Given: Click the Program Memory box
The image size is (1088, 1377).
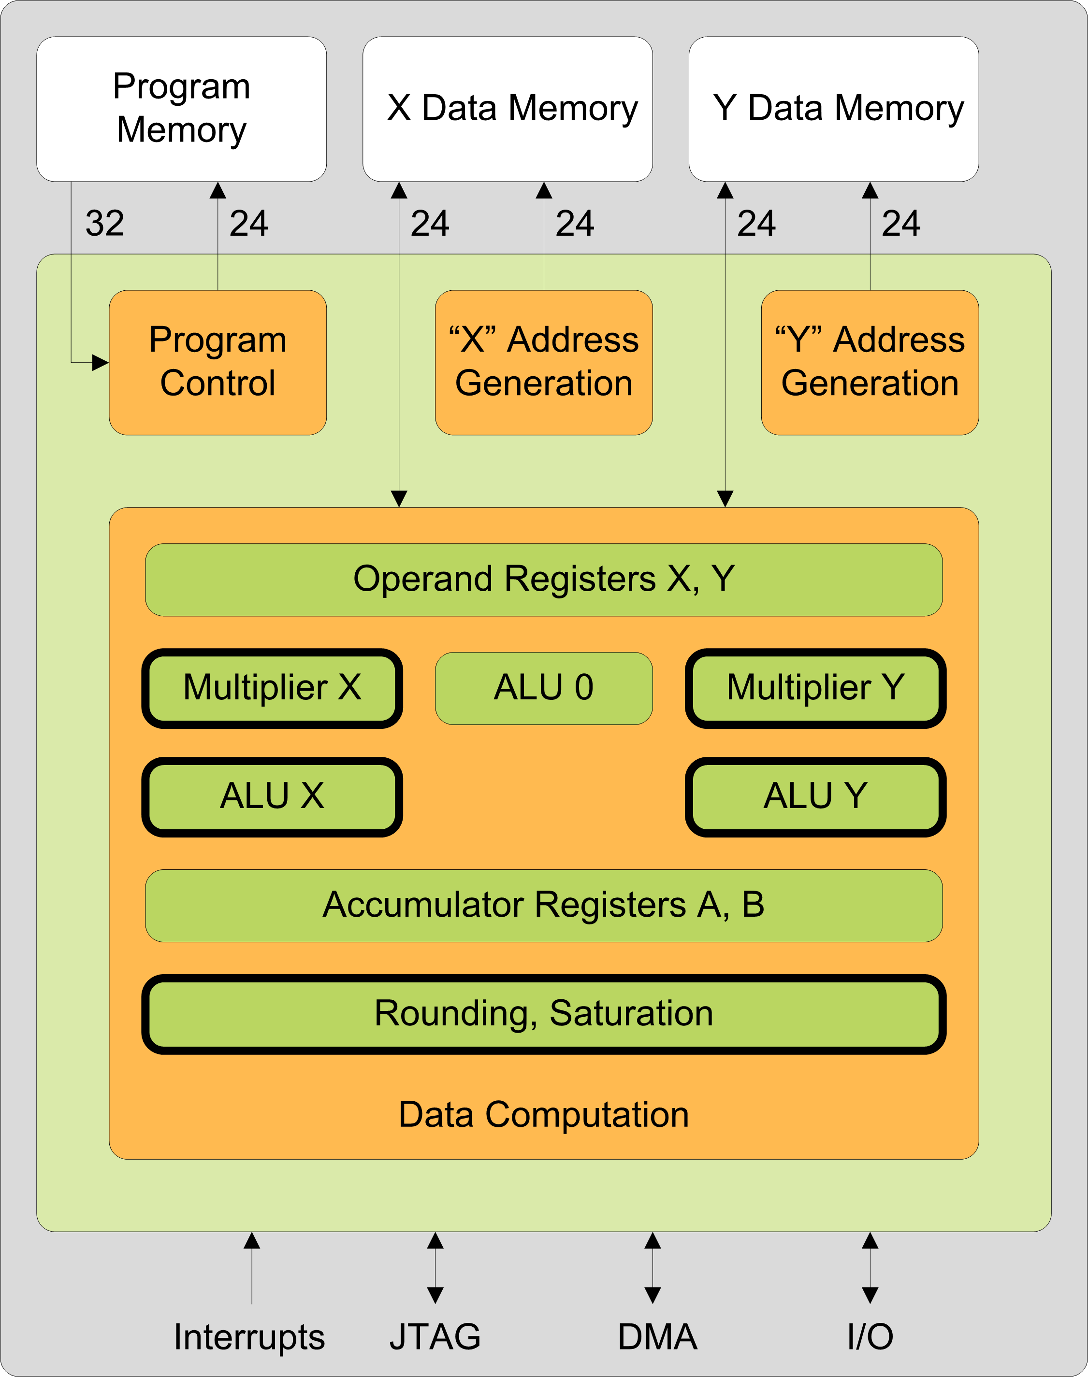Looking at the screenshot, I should [x=182, y=109].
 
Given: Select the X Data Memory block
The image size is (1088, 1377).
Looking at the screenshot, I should [x=508, y=109].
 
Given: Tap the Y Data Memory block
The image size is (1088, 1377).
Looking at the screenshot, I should [x=834, y=109].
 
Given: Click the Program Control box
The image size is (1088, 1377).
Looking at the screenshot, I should [x=218, y=362].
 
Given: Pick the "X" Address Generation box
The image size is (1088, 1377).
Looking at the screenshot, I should [x=544, y=362].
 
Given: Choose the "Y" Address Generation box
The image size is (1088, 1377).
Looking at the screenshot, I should [x=870, y=362].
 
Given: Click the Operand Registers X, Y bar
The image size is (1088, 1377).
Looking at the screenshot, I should [x=544, y=579].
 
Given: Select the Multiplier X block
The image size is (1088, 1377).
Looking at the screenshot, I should [x=272, y=688].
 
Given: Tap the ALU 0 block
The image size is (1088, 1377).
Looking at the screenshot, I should [x=544, y=688].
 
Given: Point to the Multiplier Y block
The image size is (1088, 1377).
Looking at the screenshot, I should [x=816, y=688].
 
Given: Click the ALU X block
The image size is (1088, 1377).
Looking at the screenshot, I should [x=272, y=796].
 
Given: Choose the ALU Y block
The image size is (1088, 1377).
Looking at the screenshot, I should [x=816, y=796].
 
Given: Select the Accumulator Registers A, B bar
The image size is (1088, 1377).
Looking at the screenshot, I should [x=544, y=905].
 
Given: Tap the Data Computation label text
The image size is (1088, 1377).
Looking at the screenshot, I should [x=544, y=1115].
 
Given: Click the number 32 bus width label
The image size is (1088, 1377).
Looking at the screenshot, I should [x=105, y=224].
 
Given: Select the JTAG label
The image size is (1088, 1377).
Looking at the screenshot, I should [x=435, y=1337].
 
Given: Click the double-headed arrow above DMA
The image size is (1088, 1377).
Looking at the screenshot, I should [x=653, y=1267].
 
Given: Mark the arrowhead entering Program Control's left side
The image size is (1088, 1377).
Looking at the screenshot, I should [x=101, y=362].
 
